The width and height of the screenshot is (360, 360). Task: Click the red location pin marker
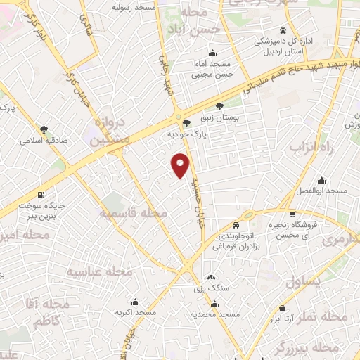click(181, 165)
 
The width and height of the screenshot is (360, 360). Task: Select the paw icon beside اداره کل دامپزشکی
click(282, 30)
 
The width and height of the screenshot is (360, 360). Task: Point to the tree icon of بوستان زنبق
click(220, 106)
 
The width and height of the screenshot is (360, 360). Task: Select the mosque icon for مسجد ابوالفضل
click(322, 181)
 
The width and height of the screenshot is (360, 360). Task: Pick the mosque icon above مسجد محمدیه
click(214, 304)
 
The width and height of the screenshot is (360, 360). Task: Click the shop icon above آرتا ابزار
click(283, 308)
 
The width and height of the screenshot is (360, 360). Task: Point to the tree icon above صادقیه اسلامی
click(44, 129)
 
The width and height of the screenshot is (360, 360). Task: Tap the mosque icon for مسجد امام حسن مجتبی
click(212, 53)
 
